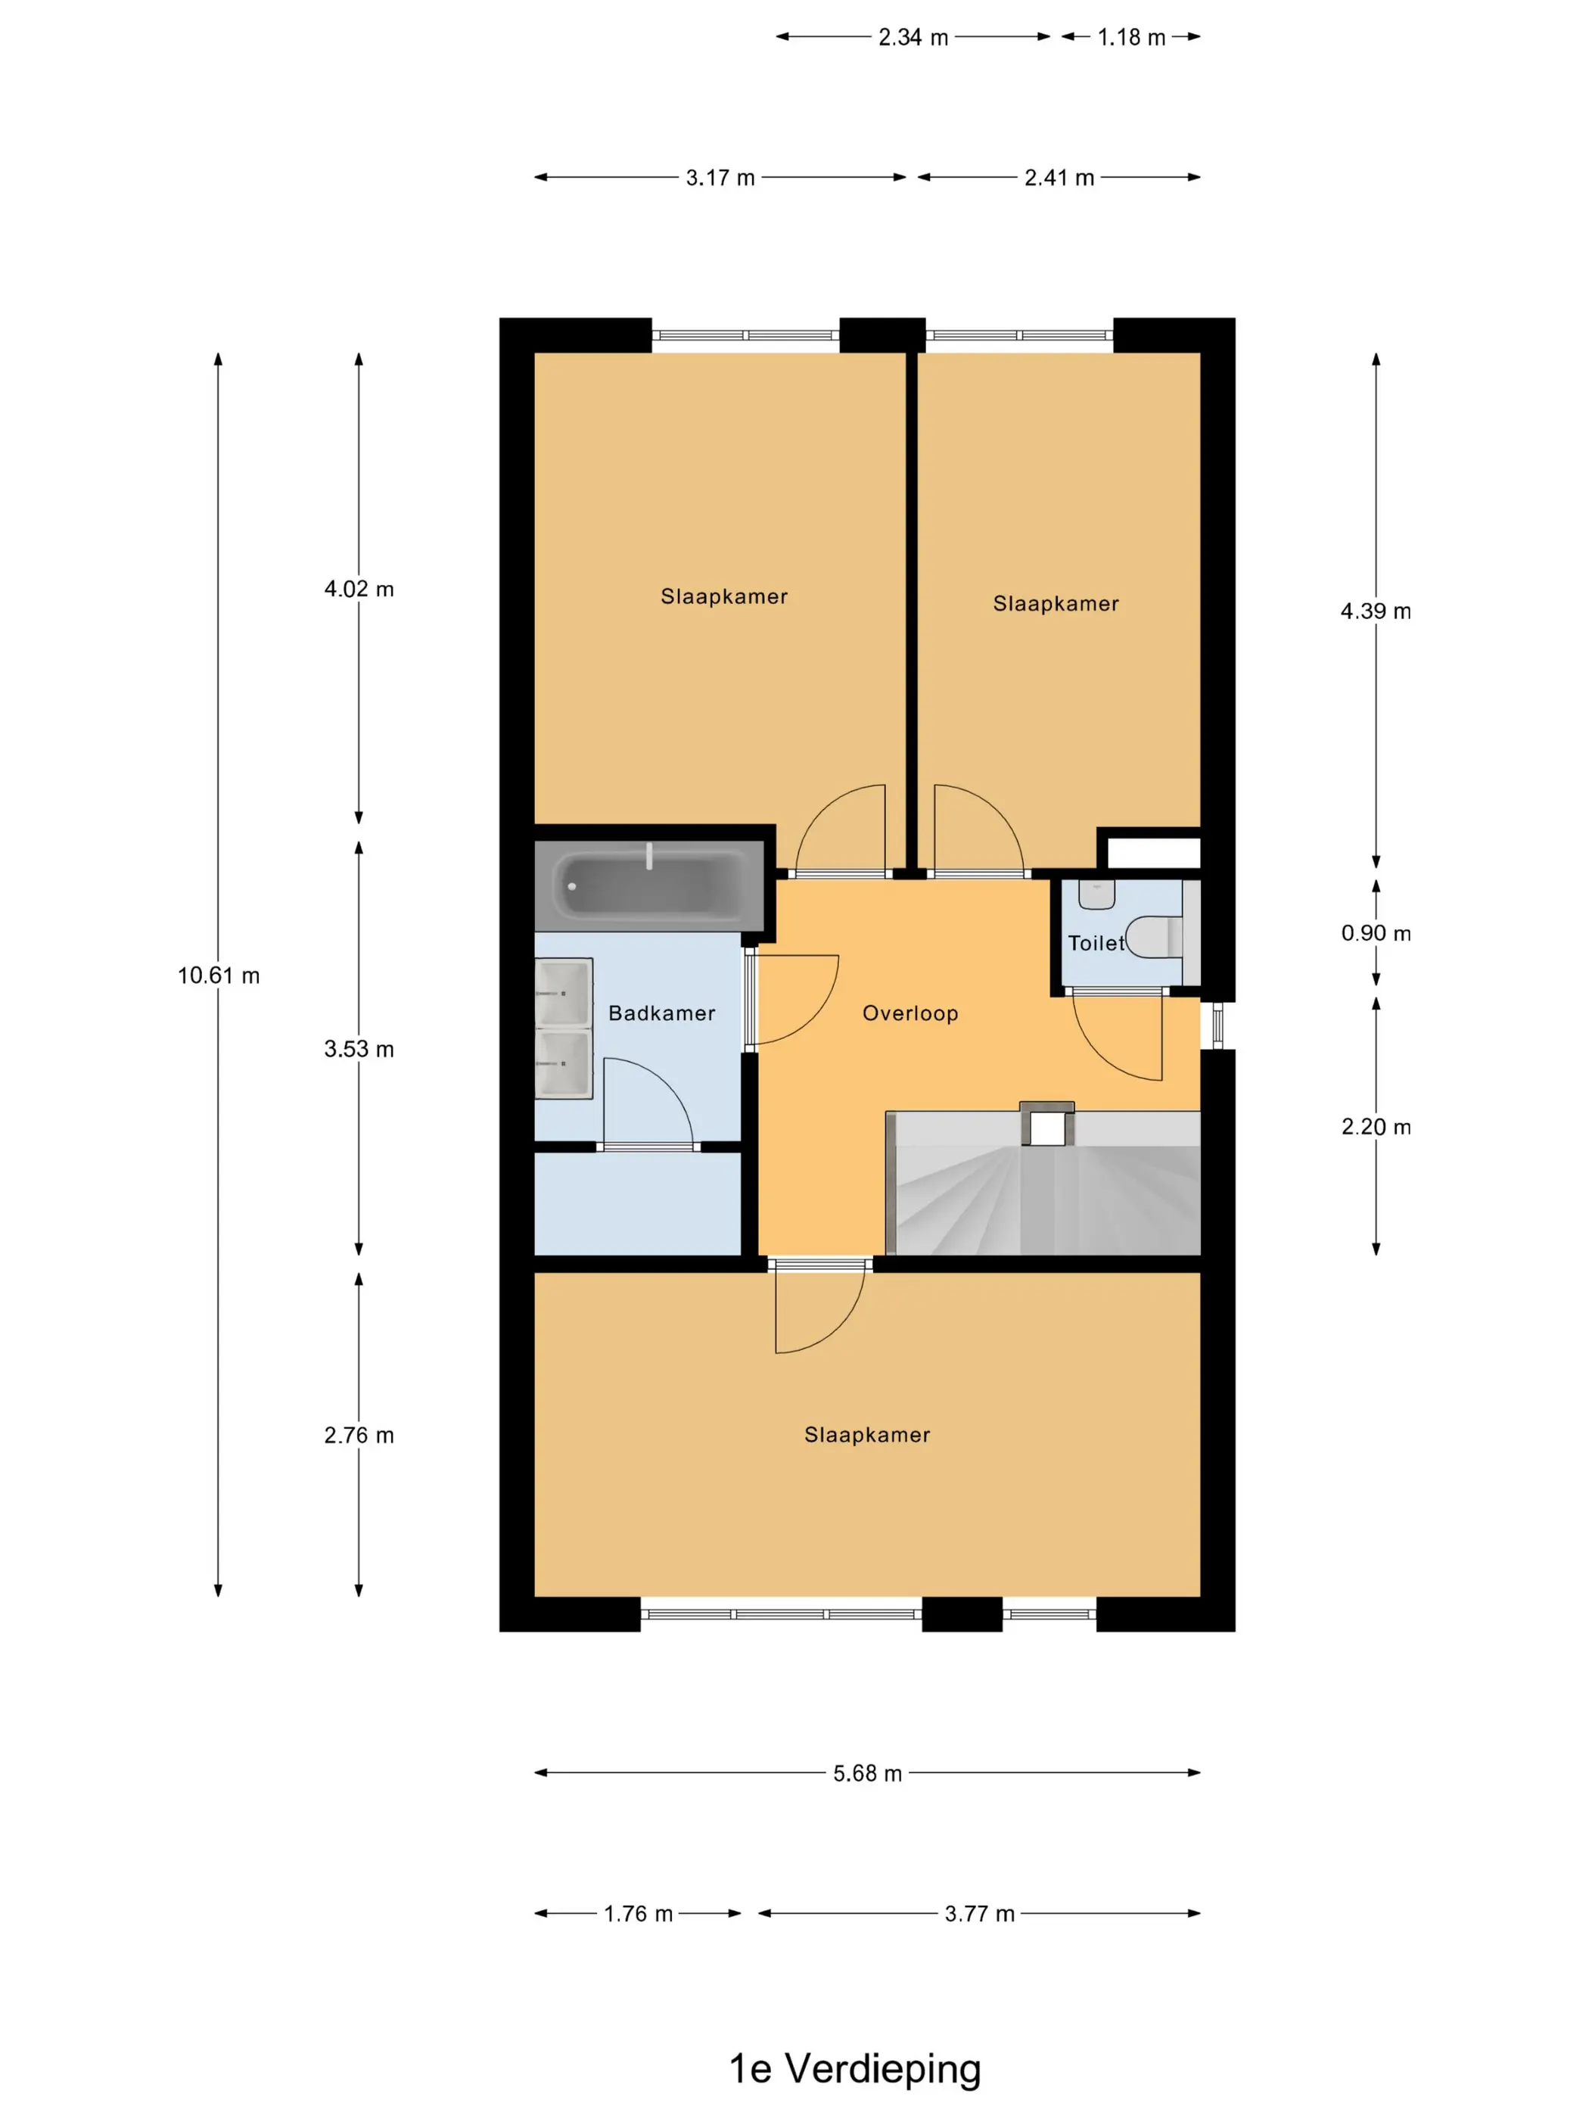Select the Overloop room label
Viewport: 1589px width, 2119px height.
[910, 1013]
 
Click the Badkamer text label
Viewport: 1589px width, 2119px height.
[662, 1013]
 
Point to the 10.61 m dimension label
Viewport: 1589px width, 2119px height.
[219, 975]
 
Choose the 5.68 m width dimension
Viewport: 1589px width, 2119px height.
[867, 1773]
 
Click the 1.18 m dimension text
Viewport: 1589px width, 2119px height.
[1131, 37]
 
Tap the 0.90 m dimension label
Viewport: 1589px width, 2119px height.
[1376, 933]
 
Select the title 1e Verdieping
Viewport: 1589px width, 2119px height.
[854, 2068]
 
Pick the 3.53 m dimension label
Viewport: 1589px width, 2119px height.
[359, 1049]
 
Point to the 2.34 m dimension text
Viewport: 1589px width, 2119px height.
[913, 37]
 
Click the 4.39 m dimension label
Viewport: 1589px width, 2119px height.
[1376, 611]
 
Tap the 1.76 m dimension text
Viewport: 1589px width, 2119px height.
[638, 1914]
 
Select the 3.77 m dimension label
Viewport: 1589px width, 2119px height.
[979, 1914]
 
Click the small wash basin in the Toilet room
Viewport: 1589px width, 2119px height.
[1096, 894]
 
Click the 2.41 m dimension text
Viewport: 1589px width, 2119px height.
[1059, 178]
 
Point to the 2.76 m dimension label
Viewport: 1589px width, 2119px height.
[359, 1435]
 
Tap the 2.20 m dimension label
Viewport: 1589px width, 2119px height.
[1376, 1127]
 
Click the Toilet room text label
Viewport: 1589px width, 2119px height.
[1096, 944]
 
